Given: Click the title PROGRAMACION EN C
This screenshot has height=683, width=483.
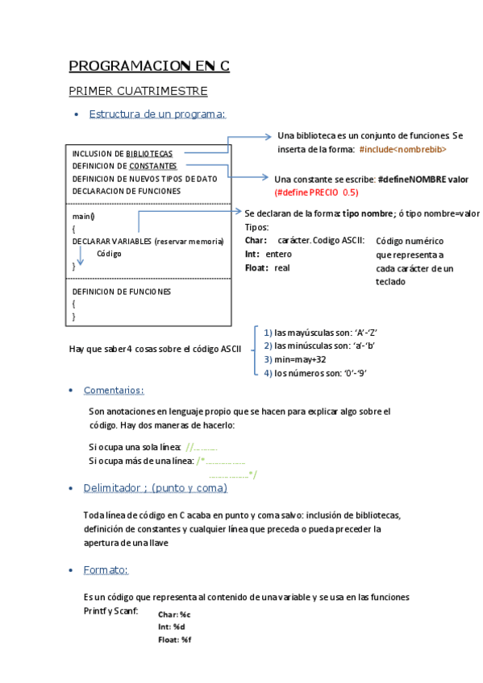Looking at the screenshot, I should click(x=149, y=66).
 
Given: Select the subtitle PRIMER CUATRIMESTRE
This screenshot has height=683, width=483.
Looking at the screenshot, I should click(x=138, y=91).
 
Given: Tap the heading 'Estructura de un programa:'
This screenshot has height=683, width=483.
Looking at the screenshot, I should click(x=157, y=114).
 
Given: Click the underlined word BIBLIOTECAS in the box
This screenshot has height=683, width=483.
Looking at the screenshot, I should click(x=149, y=154).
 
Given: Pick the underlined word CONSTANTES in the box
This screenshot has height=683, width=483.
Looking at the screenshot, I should click(x=153, y=166).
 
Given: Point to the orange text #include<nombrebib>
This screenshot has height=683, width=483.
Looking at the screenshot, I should click(x=402, y=150).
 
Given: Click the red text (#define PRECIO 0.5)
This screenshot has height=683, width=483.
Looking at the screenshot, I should click(x=316, y=192).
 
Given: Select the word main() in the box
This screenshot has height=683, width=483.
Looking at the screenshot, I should click(x=83, y=217).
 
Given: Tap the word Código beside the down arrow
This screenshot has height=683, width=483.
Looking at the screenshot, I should click(x=109, y=253).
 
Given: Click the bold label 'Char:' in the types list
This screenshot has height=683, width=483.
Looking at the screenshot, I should click(x=256, y=241).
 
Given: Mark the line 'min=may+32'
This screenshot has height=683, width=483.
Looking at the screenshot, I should click(x=300, y=359).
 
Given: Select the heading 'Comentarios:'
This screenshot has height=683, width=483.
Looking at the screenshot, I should click(x=114, y=391).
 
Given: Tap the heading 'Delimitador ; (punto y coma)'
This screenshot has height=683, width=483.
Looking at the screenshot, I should click(x=155, y=488).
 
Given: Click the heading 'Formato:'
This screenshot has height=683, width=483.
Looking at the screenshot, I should click(x=106, y=570).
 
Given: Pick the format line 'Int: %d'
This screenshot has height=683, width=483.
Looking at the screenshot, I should click(x=172, y=627).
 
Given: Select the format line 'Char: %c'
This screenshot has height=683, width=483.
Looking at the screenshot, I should click(x=174, y=615).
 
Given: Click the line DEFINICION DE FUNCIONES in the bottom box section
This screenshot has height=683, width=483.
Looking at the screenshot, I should click(x=122, y=292).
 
